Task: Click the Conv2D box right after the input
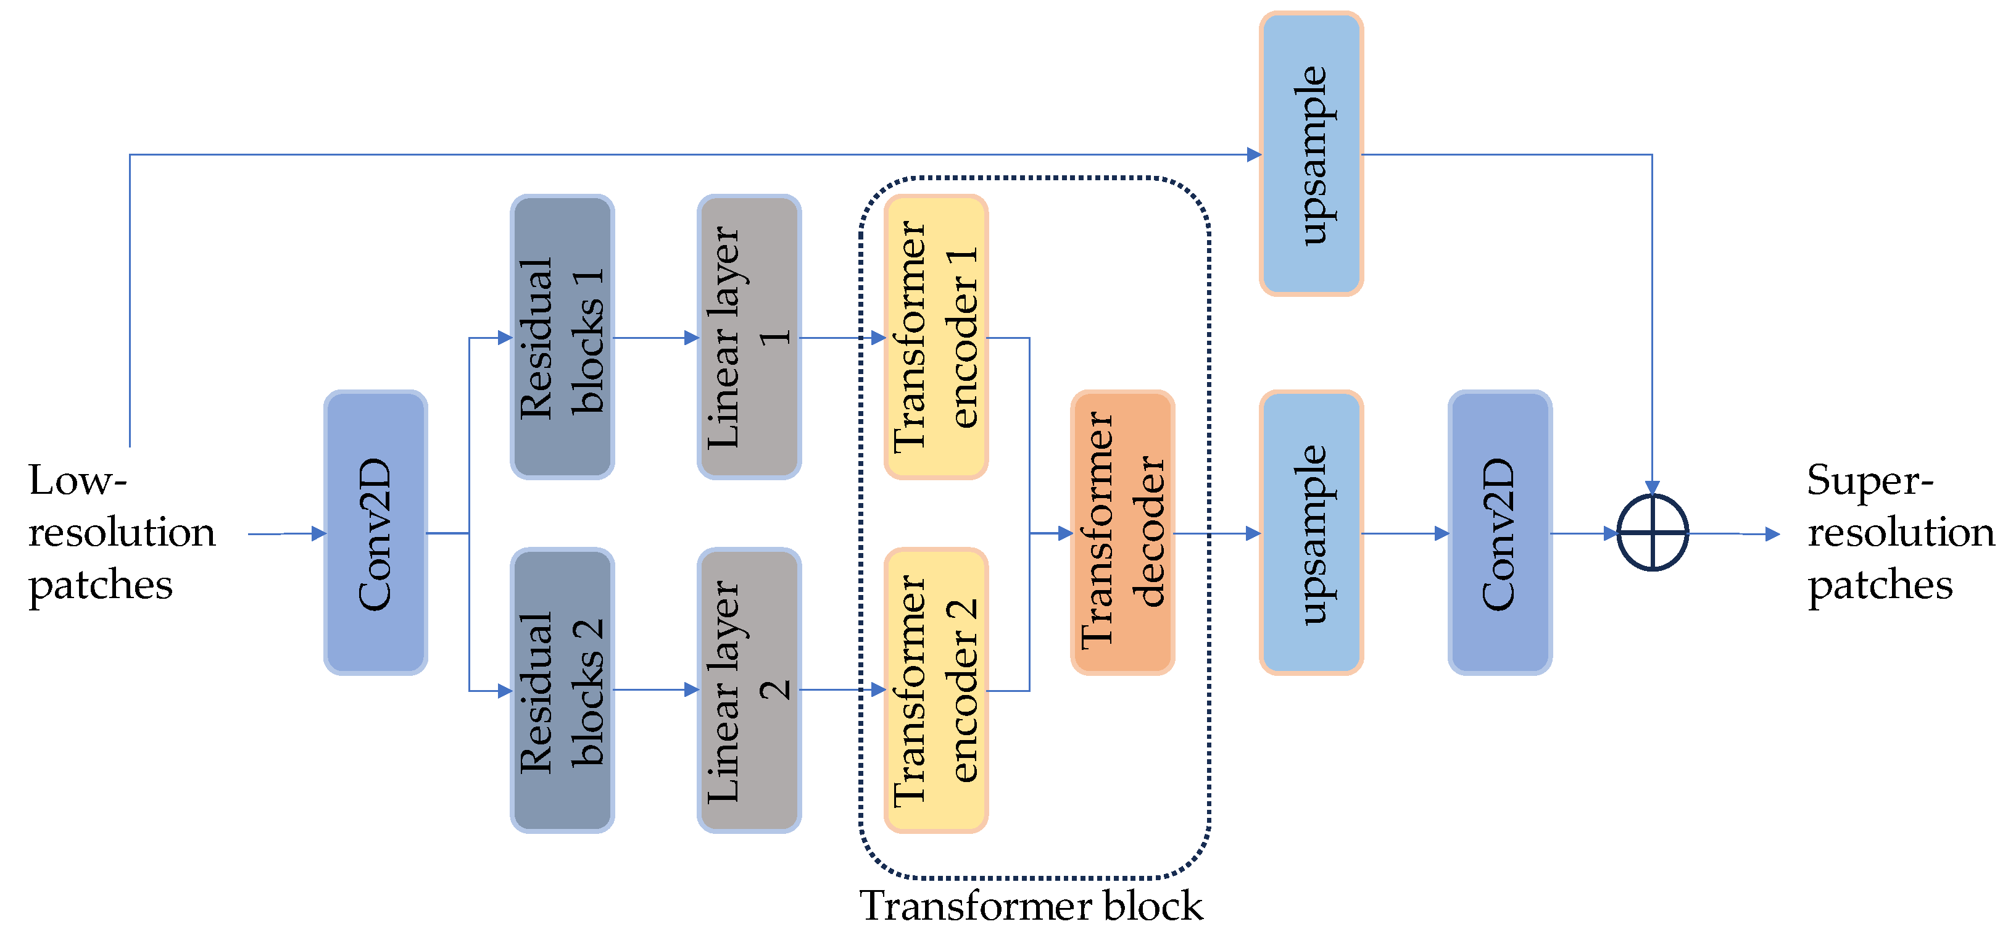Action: (x=375, y=533)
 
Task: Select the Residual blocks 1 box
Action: (x=562, y=337)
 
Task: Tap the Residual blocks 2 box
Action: (x=562, y=690)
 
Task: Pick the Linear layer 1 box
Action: (x=749, y=337)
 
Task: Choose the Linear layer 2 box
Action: (x=749, y=690)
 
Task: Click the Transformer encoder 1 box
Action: (x=936, y=337)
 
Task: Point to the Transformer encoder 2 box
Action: (x=936, y=690)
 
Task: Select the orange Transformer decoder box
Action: (x=1122, y=533)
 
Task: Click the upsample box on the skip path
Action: (x=1311, y=154)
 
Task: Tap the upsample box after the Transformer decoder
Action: (x=1311, y=533)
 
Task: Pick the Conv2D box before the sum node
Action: (x=1500, y=533)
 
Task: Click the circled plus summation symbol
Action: (x=1653, y=533)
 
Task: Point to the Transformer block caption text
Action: (x=1031, y=905)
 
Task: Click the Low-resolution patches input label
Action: (x=121, y=533)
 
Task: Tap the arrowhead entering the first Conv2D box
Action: (x=318, y=533)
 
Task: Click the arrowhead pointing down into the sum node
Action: (x=1652, y=488)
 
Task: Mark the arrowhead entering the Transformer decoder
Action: (x=1065, y=533)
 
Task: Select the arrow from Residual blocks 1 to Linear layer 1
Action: (x=655, y=338)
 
